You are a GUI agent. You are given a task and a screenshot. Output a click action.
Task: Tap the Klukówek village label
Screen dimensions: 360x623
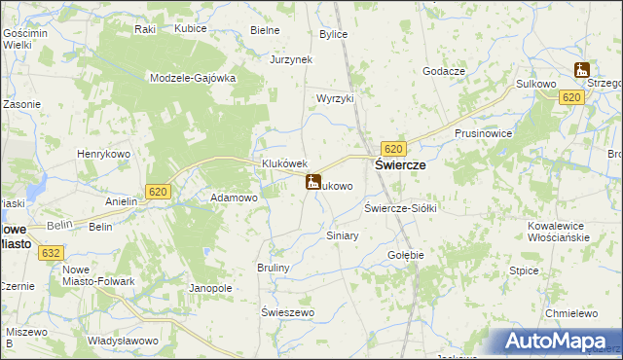coord(284,164)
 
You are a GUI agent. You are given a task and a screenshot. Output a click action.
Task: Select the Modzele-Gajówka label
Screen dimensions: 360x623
coord(194,79)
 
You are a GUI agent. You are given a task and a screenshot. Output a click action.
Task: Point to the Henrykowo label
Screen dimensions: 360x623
coord(104,154)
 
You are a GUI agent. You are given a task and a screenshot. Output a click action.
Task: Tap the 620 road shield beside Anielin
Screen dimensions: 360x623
coord(160,192)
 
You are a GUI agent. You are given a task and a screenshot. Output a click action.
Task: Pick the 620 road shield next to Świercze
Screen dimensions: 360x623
coord(393,148)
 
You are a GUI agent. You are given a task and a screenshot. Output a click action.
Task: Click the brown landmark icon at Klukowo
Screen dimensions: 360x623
coord(313,182)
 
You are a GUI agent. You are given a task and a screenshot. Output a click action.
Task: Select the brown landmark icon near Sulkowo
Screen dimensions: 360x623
coord(582,69)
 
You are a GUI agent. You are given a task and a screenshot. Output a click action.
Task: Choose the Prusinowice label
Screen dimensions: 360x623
coord(483,133)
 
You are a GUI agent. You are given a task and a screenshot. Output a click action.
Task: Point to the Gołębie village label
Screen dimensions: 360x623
coord(406,255)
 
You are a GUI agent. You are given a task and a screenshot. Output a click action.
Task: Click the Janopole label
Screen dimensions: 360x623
coord(210,288)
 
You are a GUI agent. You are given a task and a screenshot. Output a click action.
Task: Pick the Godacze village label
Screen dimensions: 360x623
coord(443,71)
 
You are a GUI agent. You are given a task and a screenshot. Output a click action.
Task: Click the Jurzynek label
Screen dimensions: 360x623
coord(290,59)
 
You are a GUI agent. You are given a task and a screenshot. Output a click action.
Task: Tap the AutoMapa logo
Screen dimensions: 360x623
coord(555,342)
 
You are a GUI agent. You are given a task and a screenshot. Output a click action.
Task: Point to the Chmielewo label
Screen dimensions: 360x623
coord(570,313)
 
